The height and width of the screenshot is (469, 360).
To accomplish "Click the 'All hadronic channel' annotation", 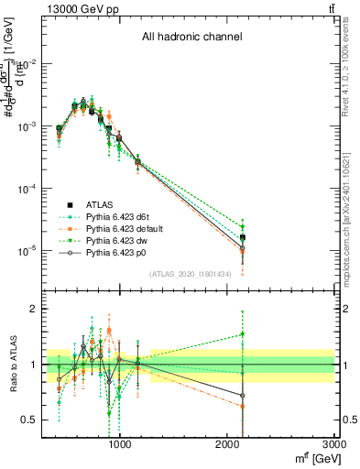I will point(191,38).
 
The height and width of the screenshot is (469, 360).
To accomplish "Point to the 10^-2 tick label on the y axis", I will point(27,63).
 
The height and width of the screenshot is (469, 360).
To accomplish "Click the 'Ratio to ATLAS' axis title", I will point(10,365).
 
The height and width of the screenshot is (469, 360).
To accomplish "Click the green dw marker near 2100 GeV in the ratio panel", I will point(243,334).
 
